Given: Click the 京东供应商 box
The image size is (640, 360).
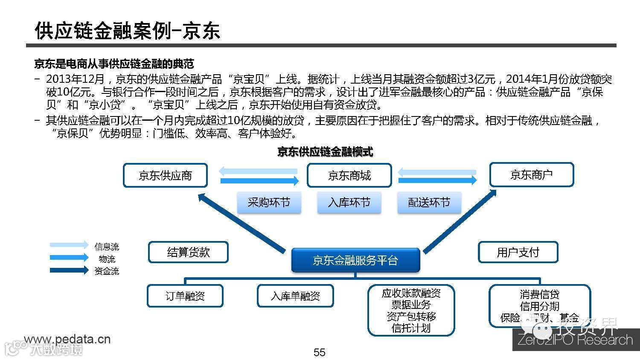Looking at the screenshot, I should click(165, 175).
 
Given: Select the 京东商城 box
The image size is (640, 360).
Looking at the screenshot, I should click(349, 175).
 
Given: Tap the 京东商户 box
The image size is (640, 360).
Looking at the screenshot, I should click(531, 174).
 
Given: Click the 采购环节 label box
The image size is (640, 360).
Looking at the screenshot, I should click(269, 202).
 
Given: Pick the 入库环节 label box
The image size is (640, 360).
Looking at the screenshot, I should click(349, 202).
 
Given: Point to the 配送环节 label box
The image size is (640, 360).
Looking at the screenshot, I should click(429, 202).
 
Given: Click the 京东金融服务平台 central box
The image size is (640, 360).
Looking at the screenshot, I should click(355, 260).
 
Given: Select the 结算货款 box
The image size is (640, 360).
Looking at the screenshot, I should click(188, 252).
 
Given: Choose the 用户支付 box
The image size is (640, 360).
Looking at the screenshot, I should click(518, 252).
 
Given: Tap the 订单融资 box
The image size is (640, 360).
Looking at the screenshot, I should click(185, 296).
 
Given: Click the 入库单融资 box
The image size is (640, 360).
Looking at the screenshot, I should click(295, 296).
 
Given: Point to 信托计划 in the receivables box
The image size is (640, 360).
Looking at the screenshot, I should click(411, 328).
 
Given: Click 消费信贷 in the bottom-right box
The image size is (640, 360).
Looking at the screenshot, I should click(539, 294).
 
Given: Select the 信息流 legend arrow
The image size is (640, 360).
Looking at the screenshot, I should click(69, 245).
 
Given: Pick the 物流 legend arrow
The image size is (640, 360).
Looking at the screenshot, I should click(69, 257).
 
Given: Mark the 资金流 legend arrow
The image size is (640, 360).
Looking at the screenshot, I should click(69, 270).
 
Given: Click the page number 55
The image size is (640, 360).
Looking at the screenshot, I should click(320, 352).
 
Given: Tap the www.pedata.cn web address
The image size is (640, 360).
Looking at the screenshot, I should click(67, 339).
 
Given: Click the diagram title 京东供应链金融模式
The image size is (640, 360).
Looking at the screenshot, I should click(325, 151).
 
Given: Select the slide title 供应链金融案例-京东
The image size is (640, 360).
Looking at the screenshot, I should click(127, 31).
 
